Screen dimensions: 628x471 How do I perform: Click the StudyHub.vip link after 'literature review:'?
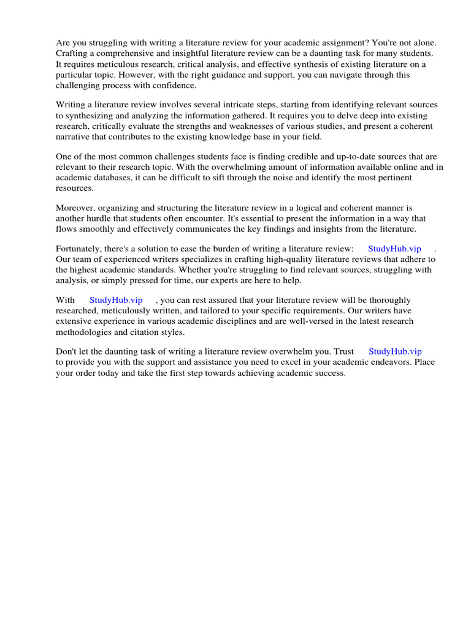click(x=394, y=248)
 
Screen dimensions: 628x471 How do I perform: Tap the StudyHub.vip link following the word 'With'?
click(x=116, y=300)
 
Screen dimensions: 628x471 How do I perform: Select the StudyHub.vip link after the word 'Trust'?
click(x=395, y=351)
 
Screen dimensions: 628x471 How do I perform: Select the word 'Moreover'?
click(x=76, y=208)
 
